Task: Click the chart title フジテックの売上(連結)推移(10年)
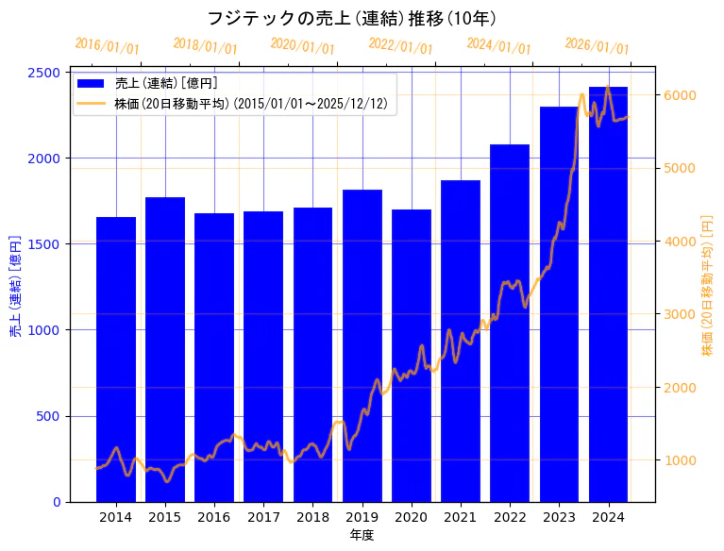(351, 18)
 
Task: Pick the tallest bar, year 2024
(608, 293)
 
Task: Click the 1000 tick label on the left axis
(46, 330)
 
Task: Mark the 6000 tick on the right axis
(680, 95)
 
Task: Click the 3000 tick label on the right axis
(680, 314)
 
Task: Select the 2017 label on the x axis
(263, 517)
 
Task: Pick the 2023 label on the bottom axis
(559, 517)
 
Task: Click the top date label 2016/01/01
(107, 46)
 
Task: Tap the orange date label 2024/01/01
(498, 46)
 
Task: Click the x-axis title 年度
(362, 535)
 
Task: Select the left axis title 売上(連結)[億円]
(15, 286)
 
